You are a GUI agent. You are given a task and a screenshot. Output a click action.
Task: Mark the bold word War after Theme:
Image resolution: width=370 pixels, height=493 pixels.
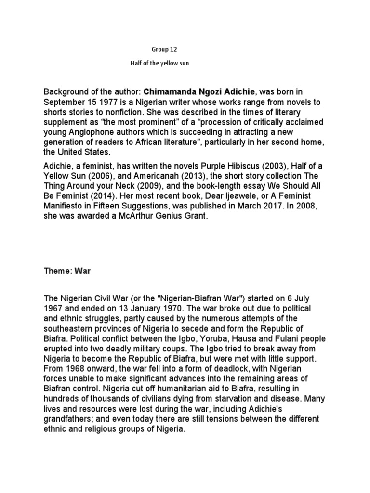[x=82, y=271]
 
